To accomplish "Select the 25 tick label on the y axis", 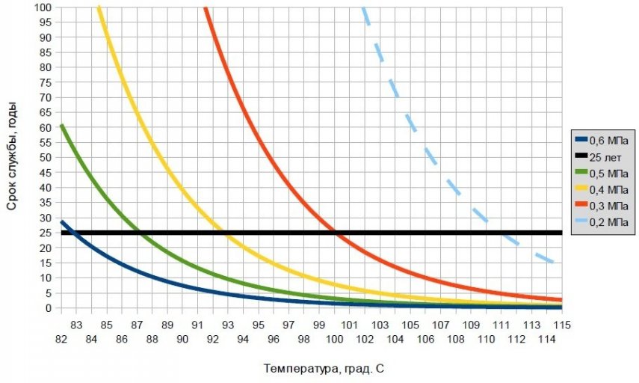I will pos(46,233).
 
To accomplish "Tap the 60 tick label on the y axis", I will pos(46,127).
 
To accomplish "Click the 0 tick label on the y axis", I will pos(49,307).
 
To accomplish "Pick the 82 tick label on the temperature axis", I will pos(61,339).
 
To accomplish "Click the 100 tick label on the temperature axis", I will pos(334,339).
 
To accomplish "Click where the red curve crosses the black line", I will pos(336,233).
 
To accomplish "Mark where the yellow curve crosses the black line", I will pos(226,233).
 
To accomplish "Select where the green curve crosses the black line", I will pos(141,233).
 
